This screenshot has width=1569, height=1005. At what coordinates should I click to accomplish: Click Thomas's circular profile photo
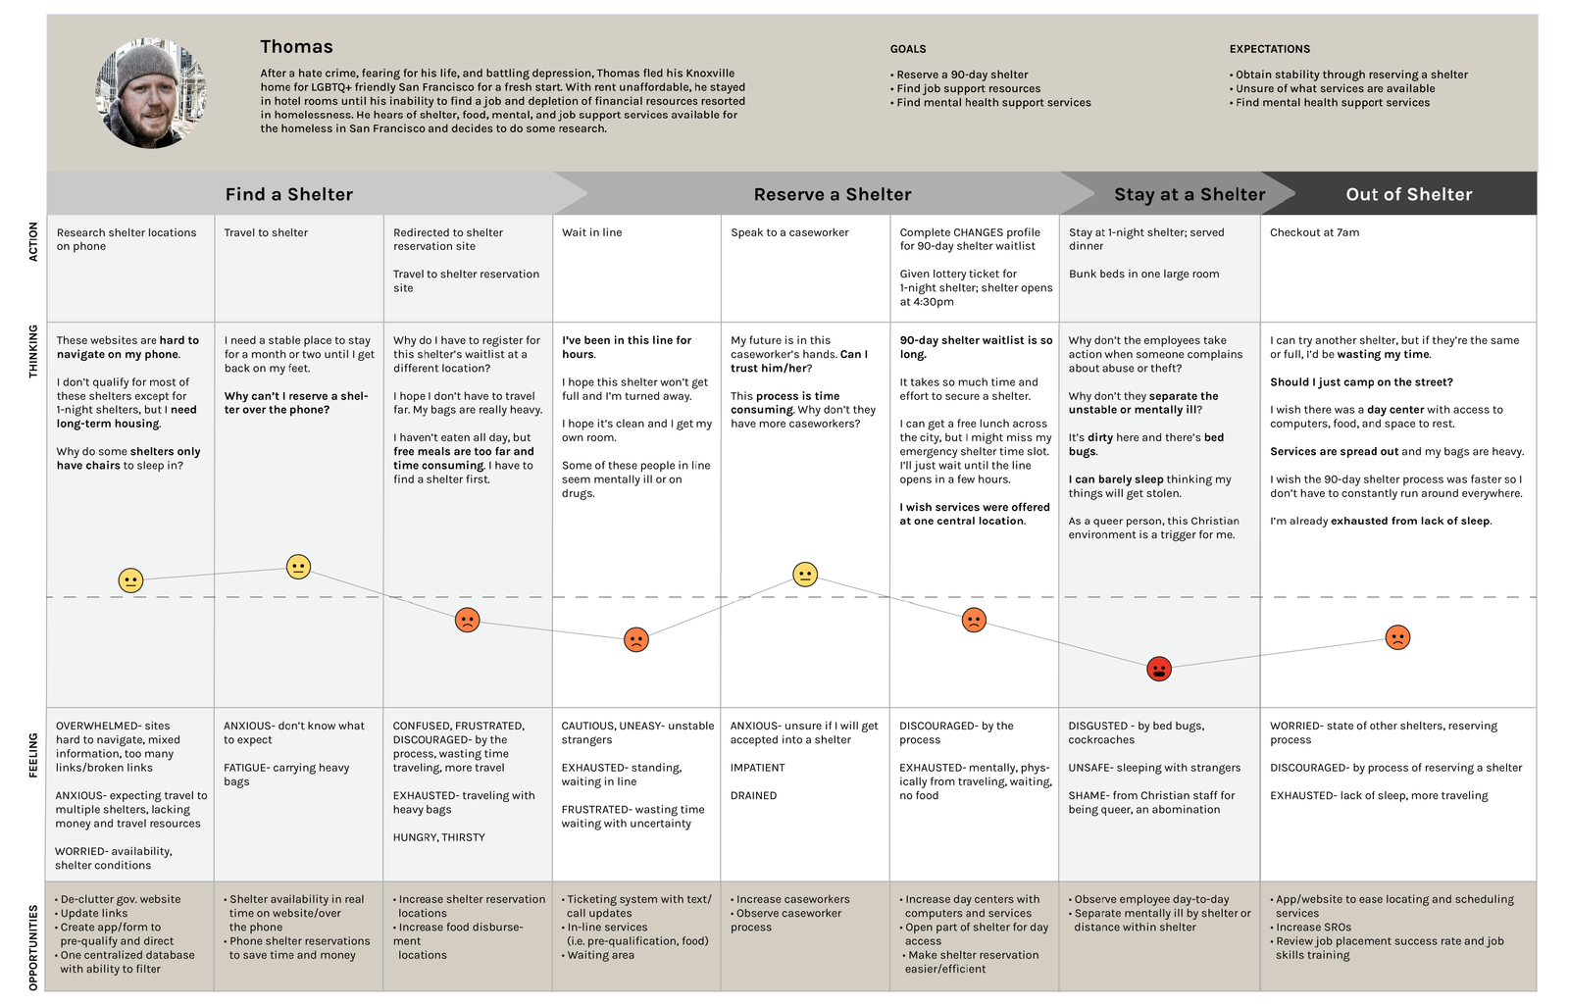point(151,93)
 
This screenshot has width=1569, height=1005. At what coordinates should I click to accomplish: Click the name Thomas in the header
point(296,46)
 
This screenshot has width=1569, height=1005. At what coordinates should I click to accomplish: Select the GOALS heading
point(908,49)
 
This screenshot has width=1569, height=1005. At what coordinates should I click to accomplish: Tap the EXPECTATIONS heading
point(1269,49)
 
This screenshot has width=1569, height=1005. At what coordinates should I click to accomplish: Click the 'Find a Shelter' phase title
point(289,194)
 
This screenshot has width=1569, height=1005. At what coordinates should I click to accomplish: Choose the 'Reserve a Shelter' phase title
point(833,194)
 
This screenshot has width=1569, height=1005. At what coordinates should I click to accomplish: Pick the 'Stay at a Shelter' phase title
point(1189,194)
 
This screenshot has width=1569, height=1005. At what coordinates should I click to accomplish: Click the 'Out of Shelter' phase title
point(1409,194)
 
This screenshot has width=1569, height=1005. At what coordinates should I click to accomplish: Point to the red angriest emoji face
point(1158,669)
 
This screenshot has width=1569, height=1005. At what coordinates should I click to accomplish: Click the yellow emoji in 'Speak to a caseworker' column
point(805,575)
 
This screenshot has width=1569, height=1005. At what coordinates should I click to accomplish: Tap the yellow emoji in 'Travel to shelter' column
point(298,567)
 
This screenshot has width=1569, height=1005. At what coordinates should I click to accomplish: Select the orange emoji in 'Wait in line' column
point(636,640)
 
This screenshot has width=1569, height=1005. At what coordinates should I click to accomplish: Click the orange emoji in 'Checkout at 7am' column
point(1397,637)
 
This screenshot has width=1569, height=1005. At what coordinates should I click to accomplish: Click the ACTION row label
point(33,241)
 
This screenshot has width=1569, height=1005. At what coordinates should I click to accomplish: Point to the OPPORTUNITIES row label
point(33,947)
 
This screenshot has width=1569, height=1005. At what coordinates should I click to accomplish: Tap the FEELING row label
point(33,755)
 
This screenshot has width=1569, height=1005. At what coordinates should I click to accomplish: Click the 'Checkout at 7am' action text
point(1314,232)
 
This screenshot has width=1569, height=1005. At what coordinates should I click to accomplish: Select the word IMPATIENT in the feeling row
point(757,768)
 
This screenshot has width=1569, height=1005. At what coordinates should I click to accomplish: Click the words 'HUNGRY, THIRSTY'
point(438,837)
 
